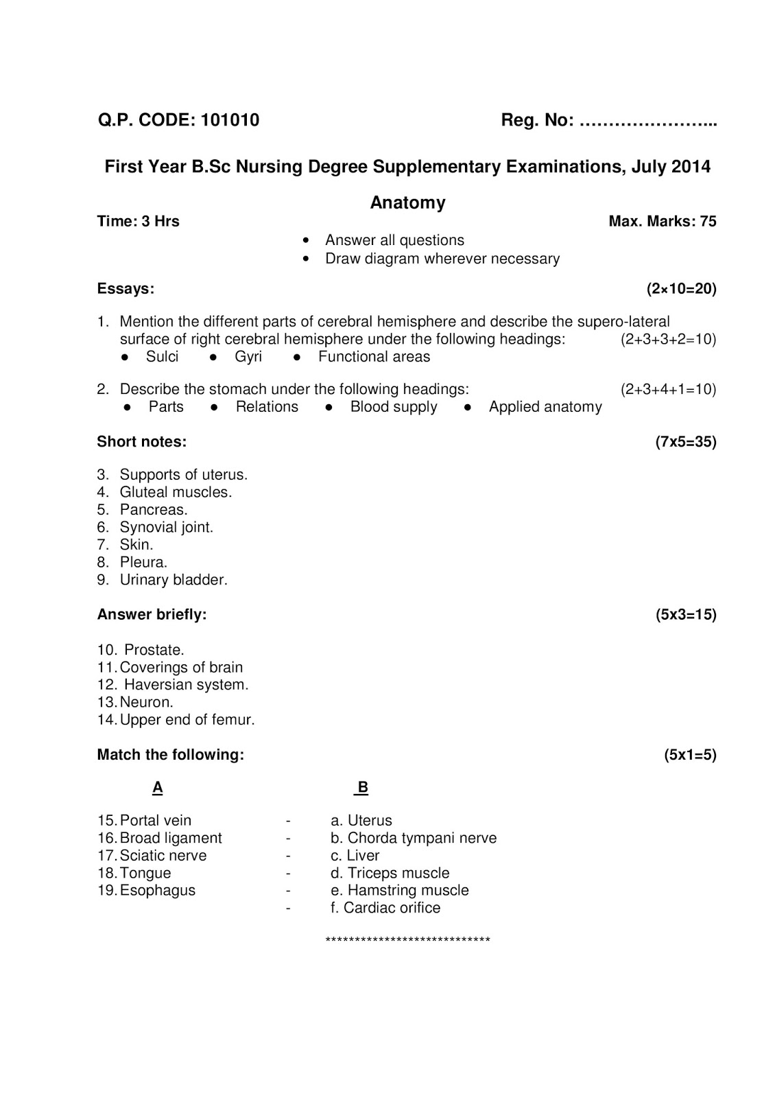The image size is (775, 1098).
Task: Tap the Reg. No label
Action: pyautogui.click(x=537, y=120)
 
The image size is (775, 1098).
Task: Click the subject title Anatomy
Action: pyautogui.click(x=407, y=202)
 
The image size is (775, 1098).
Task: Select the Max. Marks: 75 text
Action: pyautogui.click(x=662, y=221)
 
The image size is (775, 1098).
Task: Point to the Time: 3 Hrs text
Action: pyautogui.click(x=138, y=221)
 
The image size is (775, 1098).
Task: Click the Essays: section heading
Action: pyautogui.click(x=126, y=288)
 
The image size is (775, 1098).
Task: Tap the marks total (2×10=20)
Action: pyautogui.click(x=681, y=288)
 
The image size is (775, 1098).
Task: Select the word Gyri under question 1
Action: pyautogui.click(x=248, y=357)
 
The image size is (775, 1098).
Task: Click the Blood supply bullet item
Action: pyautogui.click(x=393, y=407)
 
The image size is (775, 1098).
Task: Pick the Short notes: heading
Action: pyautogui.click(x=141, y=442)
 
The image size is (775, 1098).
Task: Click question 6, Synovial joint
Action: pyautogui.click(x=166, y=527)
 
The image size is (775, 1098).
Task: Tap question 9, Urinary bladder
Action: pyautogui.click(x=173, y=580)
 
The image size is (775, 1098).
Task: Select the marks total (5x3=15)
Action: pyautogui.click(x=685, y=615)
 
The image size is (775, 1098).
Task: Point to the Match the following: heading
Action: pyautogui.click(x=170, y=755)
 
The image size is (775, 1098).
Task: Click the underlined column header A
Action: pyautogui.click(x=157, y=788)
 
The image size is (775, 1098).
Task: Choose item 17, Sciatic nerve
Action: pyautogui.click(x=163, y=856)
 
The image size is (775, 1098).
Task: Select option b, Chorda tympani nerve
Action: pyautogui.click(x=414, y=838)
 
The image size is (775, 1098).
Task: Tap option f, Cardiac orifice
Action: pyautogui.click(x=385, y=908)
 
